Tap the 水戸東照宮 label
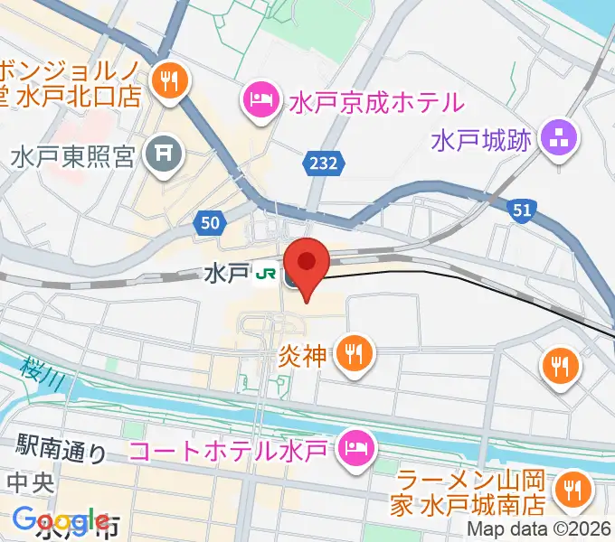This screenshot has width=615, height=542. coord(73,157)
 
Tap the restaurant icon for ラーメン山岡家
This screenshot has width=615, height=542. coord(572,490)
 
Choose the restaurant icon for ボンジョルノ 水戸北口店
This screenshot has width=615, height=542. coord(169,82)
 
